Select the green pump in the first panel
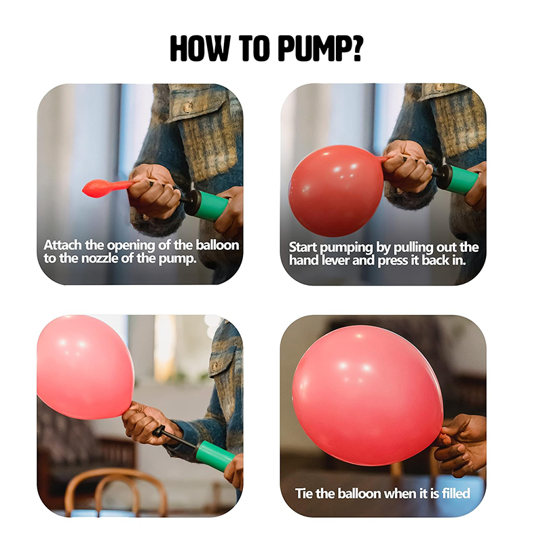click(206, 205)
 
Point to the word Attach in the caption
click(63, 245)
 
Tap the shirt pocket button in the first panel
click(188, 107)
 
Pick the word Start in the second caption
click(303, 247)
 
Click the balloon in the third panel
click(86, 367)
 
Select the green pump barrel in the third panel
click(215, 455)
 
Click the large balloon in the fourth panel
click(368, 396)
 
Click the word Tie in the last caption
click(304, 493)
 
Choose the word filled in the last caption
click(455, 493)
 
